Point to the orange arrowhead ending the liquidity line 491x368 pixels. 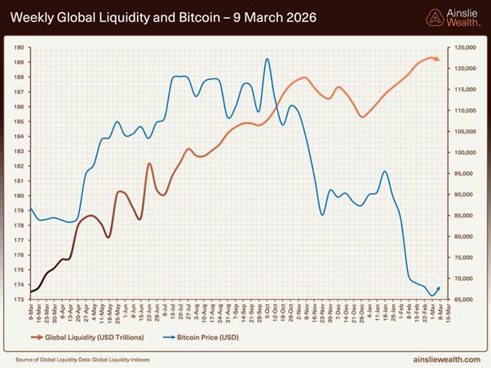point(436,59)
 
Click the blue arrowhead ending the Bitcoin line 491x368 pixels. point(439,287)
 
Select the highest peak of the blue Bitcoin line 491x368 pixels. point(267,59)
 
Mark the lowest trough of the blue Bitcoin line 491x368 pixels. point(431,296)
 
